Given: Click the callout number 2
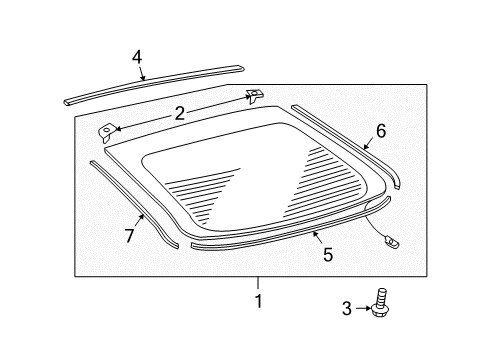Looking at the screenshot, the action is (180, 114).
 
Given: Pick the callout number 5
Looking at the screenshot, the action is (327, 254).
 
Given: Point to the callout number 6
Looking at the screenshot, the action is (380, 130).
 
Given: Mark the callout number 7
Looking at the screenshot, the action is (128, 235).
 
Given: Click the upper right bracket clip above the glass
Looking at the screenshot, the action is (253, 95).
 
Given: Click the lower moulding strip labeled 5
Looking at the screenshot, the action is (280, 240).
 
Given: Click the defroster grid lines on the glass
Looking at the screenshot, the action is (260, 185).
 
